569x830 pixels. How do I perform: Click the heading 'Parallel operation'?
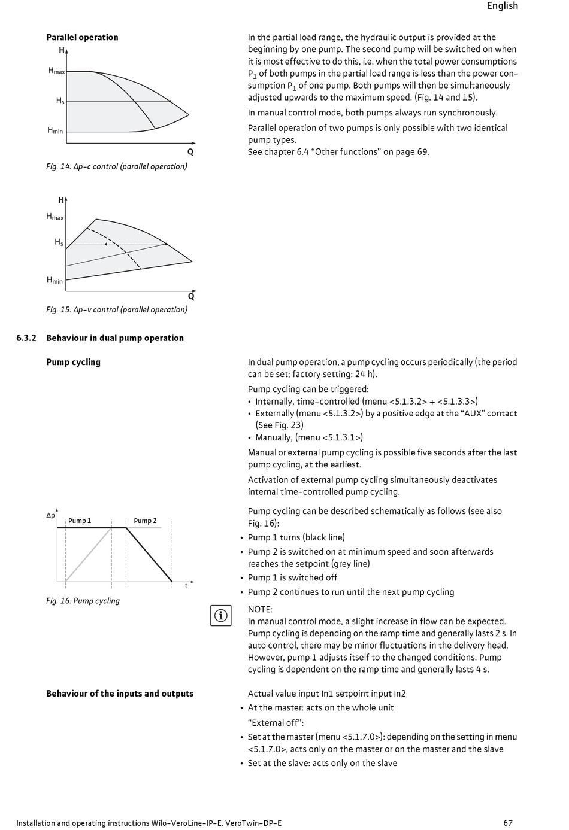point(82,37)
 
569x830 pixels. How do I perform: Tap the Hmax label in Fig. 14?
point(56,71)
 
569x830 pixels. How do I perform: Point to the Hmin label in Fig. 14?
point(55,130)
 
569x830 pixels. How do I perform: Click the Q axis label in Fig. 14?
point(190,152)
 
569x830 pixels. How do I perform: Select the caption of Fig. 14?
point(117,166)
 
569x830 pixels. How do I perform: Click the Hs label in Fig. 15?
point(59,242)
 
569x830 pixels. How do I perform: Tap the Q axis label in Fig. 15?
point(191,296)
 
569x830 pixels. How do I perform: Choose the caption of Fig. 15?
point(117,309)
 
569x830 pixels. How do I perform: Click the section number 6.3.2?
point(26,338)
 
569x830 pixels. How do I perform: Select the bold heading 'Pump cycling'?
point(73,362)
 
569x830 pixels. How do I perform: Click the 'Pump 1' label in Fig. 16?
point(80,521)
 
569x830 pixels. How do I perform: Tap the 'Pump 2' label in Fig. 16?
point(145,521)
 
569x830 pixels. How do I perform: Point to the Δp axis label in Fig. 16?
point(51,515)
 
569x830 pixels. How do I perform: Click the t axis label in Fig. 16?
point(186,586)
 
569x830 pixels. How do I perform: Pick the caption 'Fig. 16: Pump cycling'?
point(83,601)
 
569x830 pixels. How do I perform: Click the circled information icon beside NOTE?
point(221,615)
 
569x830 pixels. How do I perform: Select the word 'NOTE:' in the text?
point(260,609)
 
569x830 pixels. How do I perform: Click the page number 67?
point(508,823)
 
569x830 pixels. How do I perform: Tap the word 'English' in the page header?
point(502,6)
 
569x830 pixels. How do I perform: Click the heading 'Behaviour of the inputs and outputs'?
point(120,694)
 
